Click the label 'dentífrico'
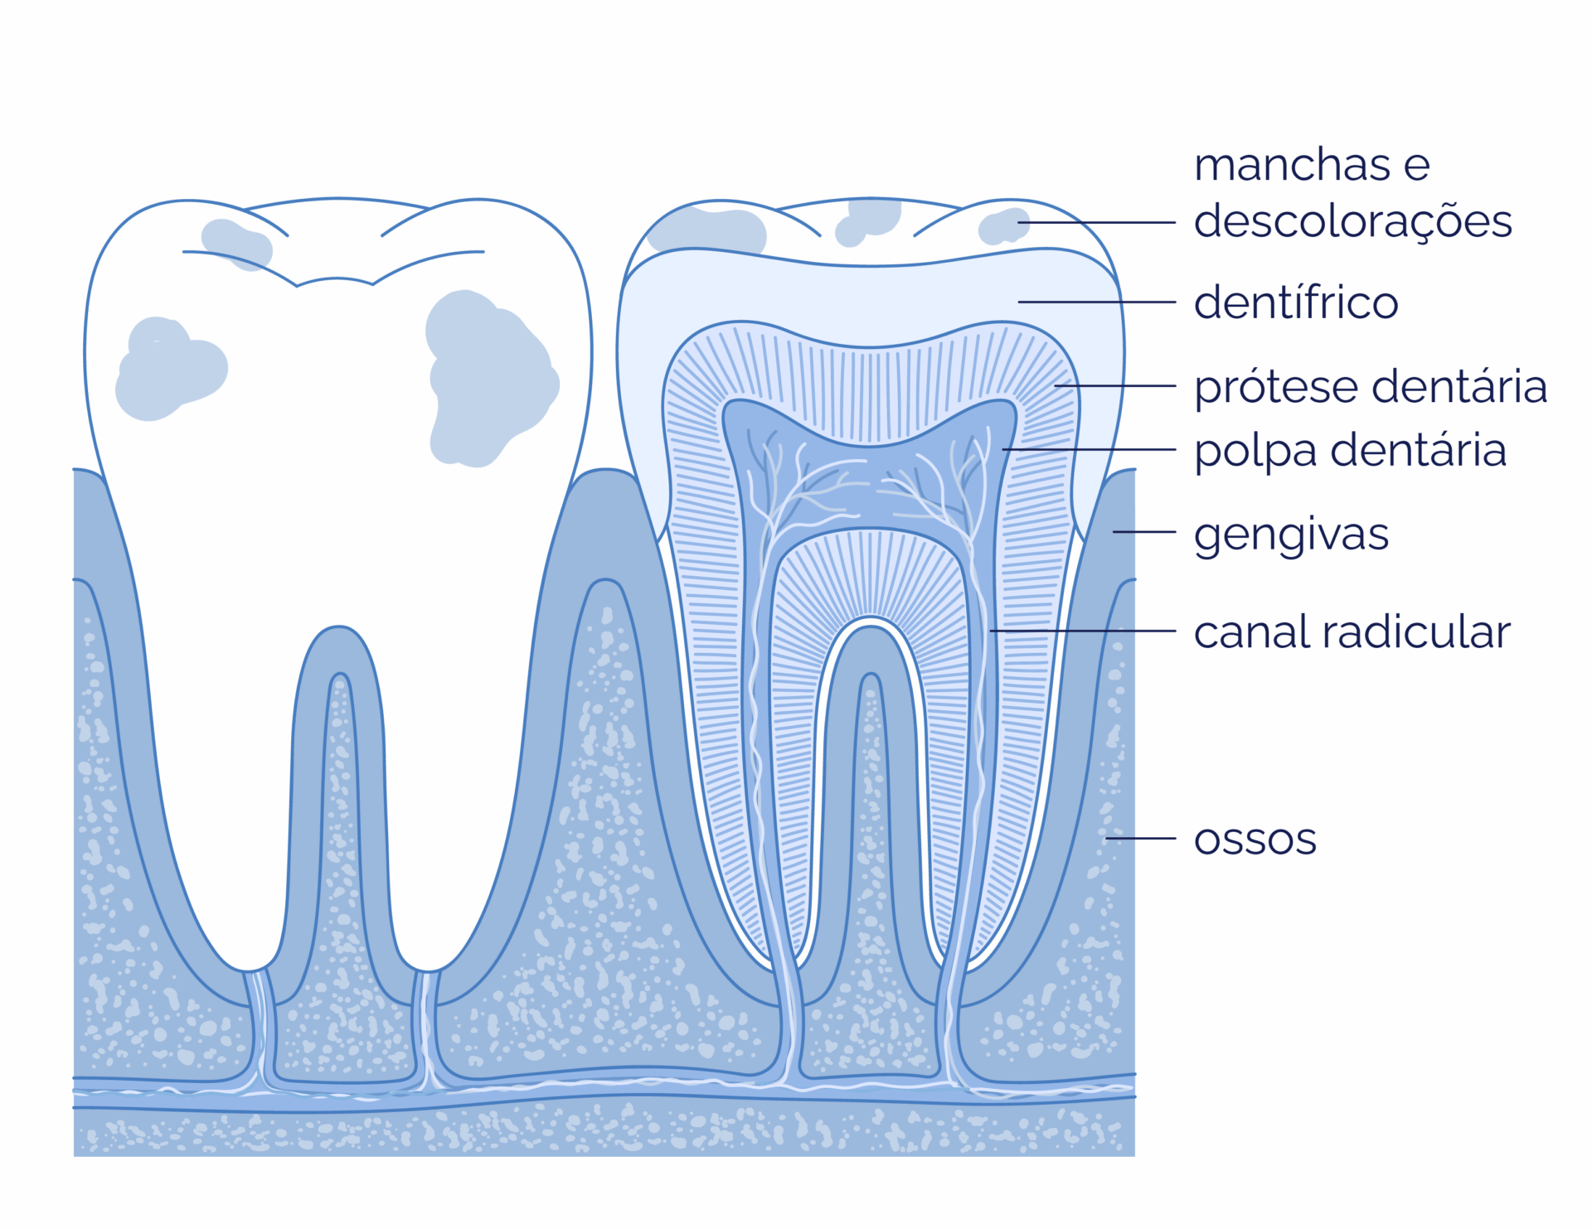point(1295,302)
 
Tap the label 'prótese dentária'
point(1371,387)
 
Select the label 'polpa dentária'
point(1350,451)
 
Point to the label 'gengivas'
point(1291,535)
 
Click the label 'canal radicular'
point(1352,631)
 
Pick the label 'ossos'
point(1255,839)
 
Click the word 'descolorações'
point(1353,222)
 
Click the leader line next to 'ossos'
point(1140,839)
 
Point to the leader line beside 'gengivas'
point(1144,532)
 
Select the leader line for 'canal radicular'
point(1083,631)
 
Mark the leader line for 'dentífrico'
point(1097,302)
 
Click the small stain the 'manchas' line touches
point(1003,226)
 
